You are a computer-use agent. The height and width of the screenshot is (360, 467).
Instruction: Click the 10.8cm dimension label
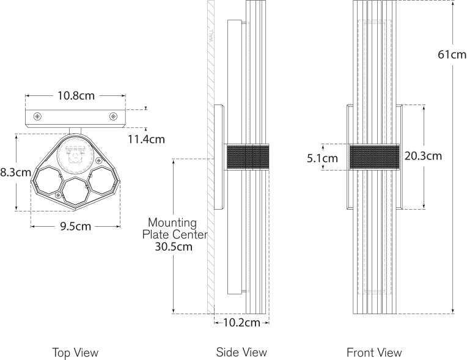[76, 95]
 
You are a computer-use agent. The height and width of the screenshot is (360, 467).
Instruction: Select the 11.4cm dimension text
[146, 139]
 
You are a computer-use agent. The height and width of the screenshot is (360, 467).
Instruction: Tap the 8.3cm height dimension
[15, 172]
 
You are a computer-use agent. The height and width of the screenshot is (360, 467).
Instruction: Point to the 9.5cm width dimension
[75, 226]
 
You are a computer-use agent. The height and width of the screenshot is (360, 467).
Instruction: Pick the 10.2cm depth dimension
[241, 323]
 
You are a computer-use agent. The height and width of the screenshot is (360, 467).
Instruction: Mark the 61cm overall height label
[452, 54]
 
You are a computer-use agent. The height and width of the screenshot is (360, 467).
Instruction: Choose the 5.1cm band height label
[322, 158]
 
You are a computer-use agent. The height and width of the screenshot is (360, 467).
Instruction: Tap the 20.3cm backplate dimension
[423, 156]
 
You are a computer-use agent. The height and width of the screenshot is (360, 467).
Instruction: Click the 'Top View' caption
[75, 353]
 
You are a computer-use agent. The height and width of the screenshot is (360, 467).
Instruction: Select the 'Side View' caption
[241, 353]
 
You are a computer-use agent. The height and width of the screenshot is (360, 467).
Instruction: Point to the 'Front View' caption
[374, 353]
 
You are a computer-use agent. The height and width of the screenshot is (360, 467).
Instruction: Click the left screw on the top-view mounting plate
[38, 116]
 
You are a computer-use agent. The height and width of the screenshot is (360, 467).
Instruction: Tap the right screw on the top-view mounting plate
[113, 116]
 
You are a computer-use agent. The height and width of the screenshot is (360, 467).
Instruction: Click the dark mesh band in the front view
[373, 157]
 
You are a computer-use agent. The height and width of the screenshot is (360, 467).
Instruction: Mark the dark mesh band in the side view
[248, 157]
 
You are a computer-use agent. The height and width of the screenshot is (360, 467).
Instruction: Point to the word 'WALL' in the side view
[210, 34]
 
